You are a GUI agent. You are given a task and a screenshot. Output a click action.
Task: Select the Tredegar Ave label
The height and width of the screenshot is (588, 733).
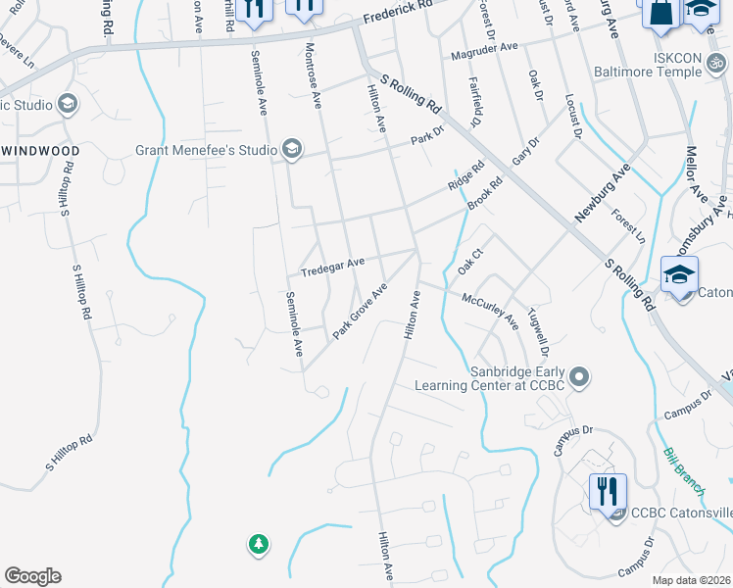coord(332,264)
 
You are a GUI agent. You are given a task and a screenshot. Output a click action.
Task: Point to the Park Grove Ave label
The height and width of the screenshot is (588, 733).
coord(360,311)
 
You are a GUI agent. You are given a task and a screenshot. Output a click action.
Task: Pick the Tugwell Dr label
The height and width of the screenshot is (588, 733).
coord(538,332)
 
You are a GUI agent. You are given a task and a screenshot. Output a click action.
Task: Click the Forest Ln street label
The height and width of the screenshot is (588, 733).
coord(628,226)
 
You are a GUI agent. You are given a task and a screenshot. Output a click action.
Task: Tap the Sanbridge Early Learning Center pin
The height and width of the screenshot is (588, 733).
coord(580,376)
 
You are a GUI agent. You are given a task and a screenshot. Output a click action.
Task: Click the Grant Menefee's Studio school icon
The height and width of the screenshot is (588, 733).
coord(291,150)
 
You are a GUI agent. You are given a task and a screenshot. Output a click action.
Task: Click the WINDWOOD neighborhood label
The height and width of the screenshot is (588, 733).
coord(40,150)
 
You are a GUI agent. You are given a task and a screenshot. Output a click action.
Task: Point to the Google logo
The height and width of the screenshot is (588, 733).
coord(32,576)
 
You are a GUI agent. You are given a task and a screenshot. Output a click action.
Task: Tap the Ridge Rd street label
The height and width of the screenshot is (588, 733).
coord(466,177)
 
